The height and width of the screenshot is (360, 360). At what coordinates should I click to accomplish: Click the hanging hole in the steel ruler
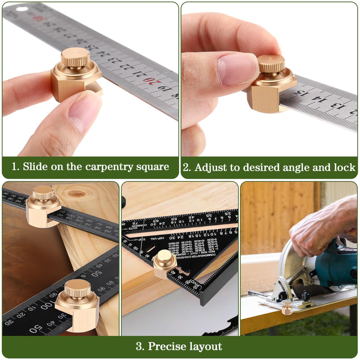pos(22,9)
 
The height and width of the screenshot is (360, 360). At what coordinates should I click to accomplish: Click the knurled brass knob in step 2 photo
pos(271,64)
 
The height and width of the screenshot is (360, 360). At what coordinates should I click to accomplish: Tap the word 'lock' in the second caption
pos(344,167)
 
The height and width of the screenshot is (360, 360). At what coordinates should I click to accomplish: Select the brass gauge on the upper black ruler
pos(43,205)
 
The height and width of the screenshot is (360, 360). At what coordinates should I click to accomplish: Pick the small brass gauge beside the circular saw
pos(287,308)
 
